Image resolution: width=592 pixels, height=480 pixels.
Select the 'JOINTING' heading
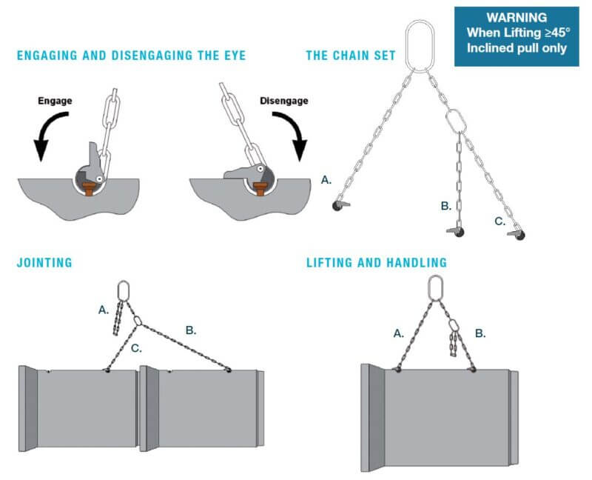point(44,261)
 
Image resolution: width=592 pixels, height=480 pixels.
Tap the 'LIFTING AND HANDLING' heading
point(376,261)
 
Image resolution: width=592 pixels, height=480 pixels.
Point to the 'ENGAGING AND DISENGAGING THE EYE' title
point(129,54)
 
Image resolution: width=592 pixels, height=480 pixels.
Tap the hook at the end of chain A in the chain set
point(341,204)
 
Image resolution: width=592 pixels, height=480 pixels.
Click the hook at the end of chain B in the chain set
point(457,233)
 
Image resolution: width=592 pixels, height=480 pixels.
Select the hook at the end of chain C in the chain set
point(519,235)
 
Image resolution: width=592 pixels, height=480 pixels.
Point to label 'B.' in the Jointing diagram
point(190,330)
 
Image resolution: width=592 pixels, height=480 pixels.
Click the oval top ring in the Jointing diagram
point(124,290)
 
